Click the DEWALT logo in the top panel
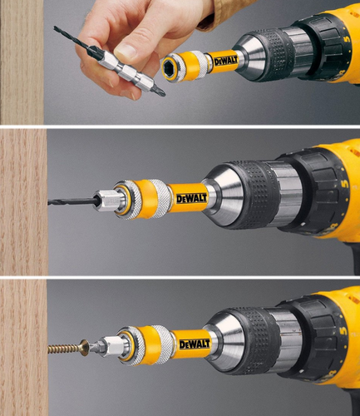[226, 61]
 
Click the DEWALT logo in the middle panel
[185, 199]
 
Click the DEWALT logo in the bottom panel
[195, 343]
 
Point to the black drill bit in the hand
[72, 37]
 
